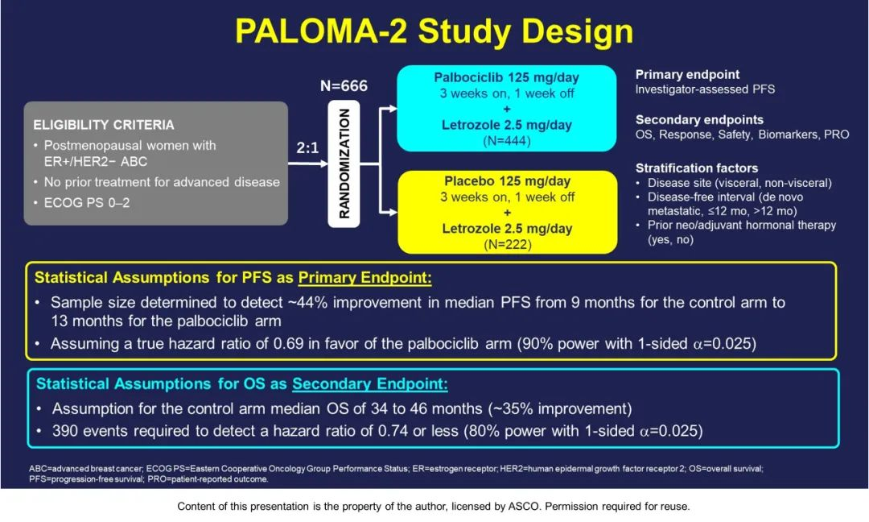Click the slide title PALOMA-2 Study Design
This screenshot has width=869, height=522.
coord(434,31)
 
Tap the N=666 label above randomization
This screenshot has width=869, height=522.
coord(344,85)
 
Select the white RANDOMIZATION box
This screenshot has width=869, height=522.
coord(344,164)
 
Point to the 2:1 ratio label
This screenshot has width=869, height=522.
coord(307,147)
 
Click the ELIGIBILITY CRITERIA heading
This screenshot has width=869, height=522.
coord(104,125)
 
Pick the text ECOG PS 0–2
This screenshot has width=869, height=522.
coord(87,202)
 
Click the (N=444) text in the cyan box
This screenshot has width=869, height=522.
coord(507,140)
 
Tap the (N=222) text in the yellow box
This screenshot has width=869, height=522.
coord(507,244)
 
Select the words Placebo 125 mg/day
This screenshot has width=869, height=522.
coord(507,180)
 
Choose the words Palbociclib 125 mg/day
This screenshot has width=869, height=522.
coord(507,77)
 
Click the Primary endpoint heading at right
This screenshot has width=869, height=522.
coord(687,74)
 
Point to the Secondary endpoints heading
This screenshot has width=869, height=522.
coord(699,120)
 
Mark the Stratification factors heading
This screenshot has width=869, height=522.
coord(697,168)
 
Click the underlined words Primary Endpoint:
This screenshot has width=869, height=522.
coord(364,277)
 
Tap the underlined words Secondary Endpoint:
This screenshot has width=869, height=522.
coord(370,384)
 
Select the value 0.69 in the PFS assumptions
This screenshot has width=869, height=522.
coord(288,343)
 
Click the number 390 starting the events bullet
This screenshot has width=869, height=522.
coord(65,430)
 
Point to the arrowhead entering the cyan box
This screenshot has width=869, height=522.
coord(393,109)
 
